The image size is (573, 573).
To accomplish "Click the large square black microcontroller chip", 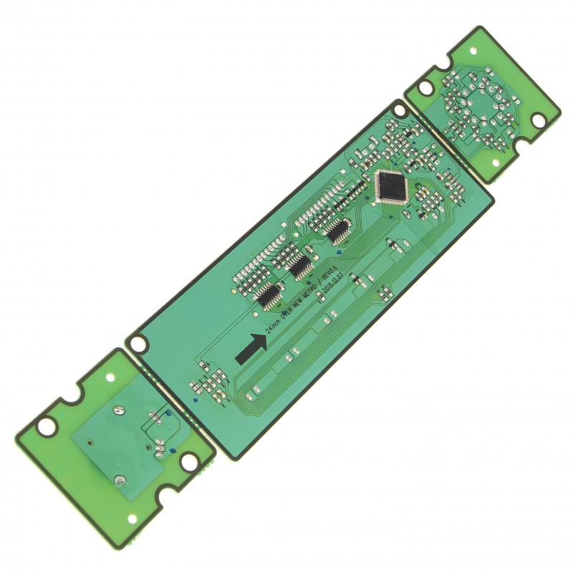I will click(x=391, y=187).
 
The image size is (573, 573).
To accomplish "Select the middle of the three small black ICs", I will click(x=299, y=266).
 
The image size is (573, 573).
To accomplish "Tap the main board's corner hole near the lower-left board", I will click(x=137, y=343).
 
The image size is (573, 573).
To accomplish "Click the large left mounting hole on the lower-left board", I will click(x=46, y=427).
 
